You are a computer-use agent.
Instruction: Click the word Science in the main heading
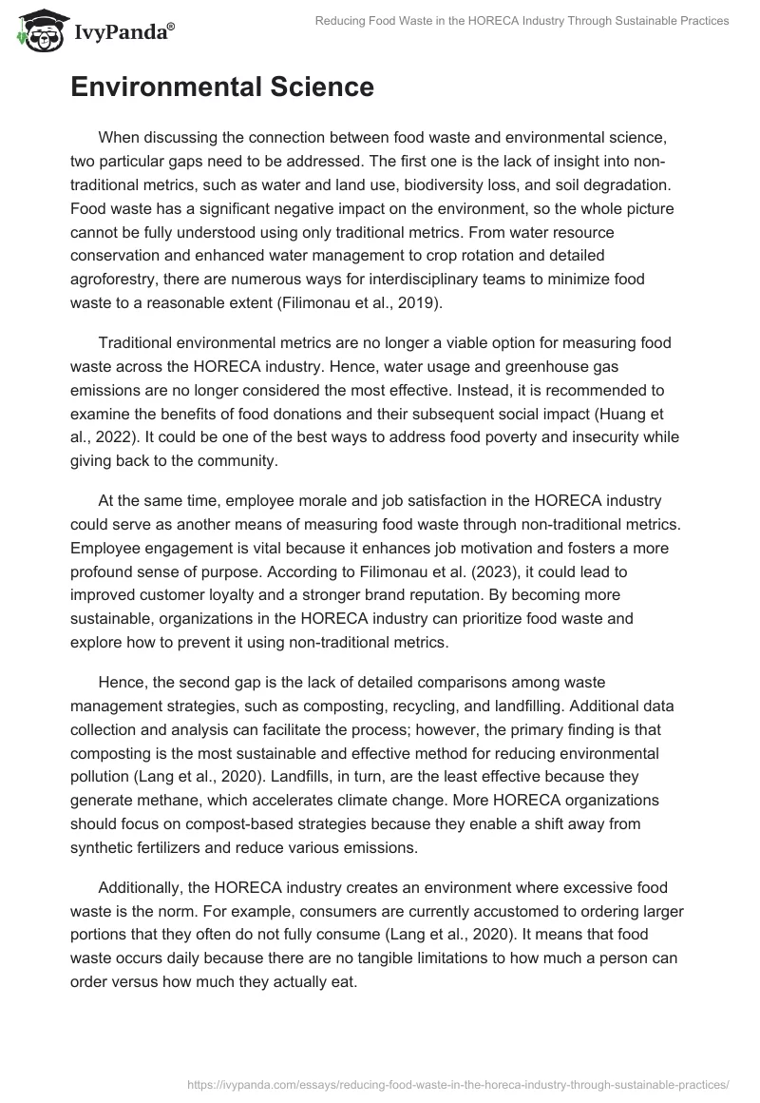313,87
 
